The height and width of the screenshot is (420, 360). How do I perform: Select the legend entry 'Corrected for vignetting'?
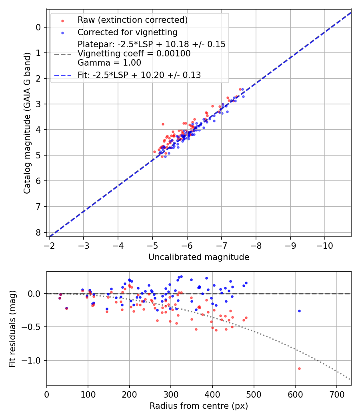pyautogui.click(x=127, y=32)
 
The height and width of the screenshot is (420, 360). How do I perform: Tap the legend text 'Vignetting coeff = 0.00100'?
pyautogui.click(x=134, y=54)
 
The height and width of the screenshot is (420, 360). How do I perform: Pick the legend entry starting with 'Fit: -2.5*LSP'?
pyautogui.click(x=139, y=75)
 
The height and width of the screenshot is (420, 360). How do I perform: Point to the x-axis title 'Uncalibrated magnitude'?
pyautogui.click(x=199, y=257)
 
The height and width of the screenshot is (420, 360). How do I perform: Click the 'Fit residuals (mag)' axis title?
pyautogui.click(x=12, y=329)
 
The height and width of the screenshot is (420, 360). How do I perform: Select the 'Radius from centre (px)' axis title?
pyautogui.click(x=199, y=406)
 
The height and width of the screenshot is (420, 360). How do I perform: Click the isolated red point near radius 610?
pyautogui.click(x=299, y=368)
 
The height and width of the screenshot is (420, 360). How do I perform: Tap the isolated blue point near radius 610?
pyautogui.click(x=299, y=311)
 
